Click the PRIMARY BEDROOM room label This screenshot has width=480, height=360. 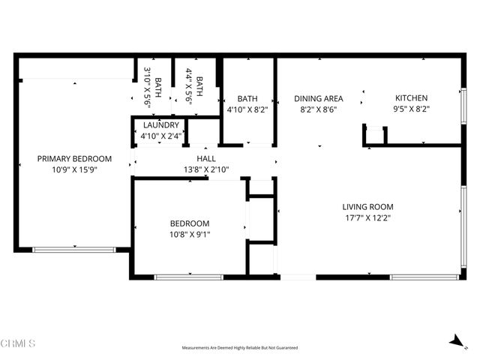click(74, 158)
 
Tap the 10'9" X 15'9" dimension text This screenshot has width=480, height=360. click(74, 170)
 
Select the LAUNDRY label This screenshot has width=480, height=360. click(160, 125)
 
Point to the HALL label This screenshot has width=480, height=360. click(205, 159)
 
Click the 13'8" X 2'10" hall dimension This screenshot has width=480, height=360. click(205, 170)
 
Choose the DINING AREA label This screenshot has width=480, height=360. click(318, 98)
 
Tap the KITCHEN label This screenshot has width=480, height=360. click(411, 98)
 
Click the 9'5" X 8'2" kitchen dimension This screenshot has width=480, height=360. click(411, 109)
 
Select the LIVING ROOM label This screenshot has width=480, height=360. click(367, 207)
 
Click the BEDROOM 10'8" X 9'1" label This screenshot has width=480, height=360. click(189, 223)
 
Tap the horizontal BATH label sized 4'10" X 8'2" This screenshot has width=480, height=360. click(247, 98)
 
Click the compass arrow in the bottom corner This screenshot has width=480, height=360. click(454, 341)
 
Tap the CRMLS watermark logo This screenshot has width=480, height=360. click(19, 343)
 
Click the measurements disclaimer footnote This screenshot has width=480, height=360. click(239, 348)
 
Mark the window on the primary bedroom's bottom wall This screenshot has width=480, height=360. click(75, 249)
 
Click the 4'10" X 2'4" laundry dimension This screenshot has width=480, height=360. click(160, 136)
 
